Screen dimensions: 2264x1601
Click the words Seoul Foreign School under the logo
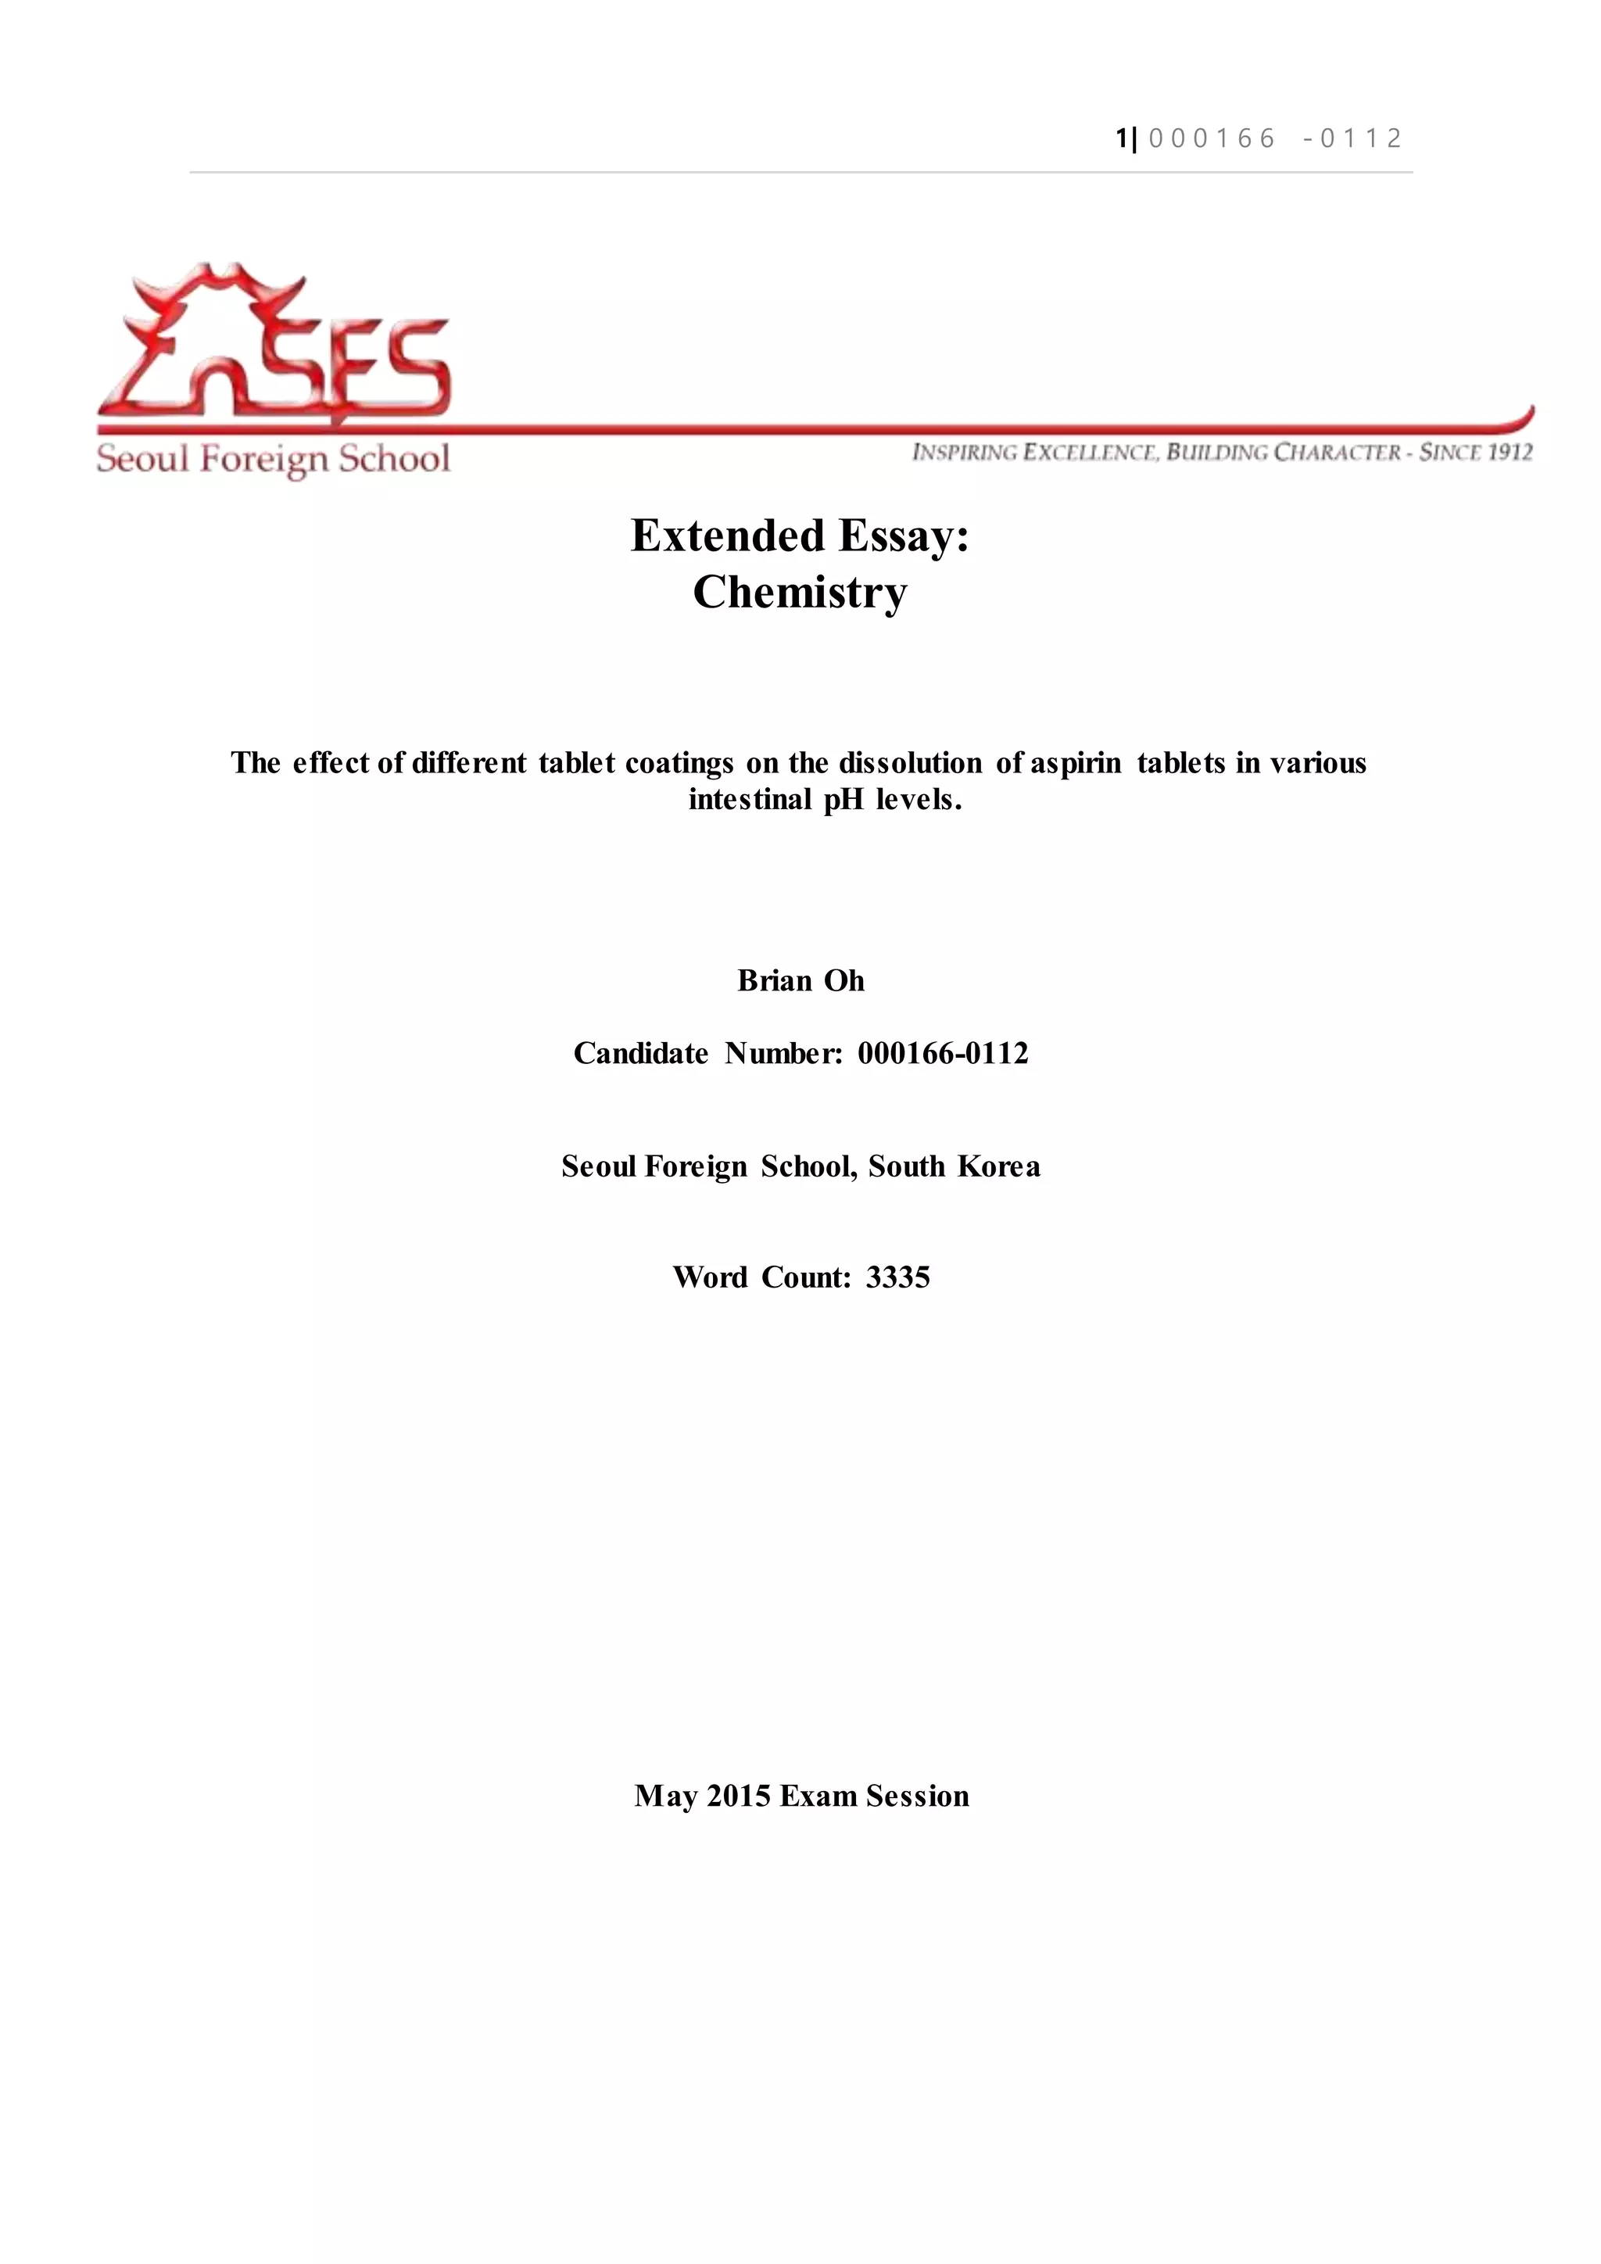(273, 460)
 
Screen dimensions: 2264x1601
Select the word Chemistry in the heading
(800, 593)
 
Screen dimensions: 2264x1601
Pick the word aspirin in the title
(1076, 763)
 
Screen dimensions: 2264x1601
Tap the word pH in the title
(843, 800)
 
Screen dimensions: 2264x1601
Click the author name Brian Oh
(800, 980)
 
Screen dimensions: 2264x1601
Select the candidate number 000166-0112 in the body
(943, 1053)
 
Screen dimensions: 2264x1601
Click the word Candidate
(641, 1053)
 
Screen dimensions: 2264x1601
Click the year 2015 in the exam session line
(739, 1796)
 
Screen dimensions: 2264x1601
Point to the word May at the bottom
(665, 1796)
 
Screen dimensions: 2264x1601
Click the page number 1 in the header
(1121, 138)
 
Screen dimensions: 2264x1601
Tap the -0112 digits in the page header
(1352, 138)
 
